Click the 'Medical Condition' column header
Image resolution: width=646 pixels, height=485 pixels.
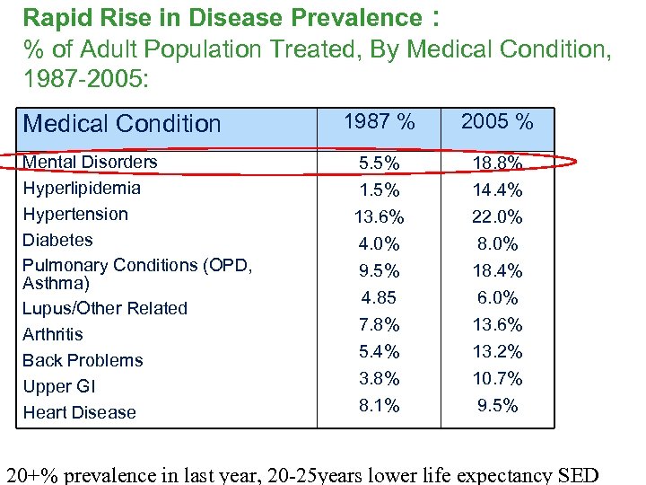coord(121,124)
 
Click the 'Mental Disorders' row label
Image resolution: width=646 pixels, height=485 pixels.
coord(90,162)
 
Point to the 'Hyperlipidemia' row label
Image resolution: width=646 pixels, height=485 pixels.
coord(82,188)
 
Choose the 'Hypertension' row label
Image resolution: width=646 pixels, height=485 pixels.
coord(75,214)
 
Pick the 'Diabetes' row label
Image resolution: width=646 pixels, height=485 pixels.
coord(57,240)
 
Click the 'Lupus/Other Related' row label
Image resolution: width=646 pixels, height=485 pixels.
coord(105,308)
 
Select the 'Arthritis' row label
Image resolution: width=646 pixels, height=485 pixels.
coord(53,334)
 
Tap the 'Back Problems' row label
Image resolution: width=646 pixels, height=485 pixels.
coord(83,360)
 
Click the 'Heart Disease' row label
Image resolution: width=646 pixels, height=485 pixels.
coord(79,412)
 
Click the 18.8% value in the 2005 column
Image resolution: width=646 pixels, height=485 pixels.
coord(498,163)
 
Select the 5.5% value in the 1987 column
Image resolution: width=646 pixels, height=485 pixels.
coord(380,163)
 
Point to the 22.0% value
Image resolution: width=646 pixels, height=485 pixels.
coord(498,217)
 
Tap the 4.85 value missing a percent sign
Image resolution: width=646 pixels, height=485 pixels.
coord(380,297)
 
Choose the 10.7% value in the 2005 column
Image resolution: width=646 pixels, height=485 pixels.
coord(498,378)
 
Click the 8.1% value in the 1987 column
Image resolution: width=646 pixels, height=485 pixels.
coord(380,405)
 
